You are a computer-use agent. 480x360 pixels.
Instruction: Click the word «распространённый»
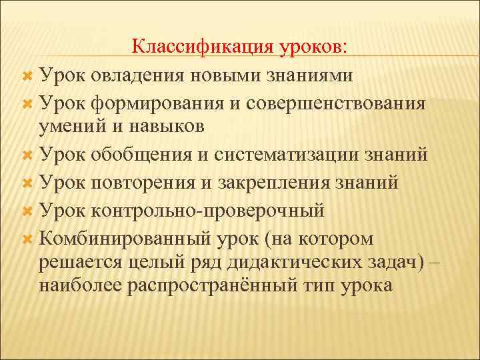224,285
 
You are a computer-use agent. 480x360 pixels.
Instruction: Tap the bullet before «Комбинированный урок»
27,239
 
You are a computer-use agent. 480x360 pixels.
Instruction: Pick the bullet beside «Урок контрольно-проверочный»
27,211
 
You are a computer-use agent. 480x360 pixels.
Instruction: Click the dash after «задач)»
435,262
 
